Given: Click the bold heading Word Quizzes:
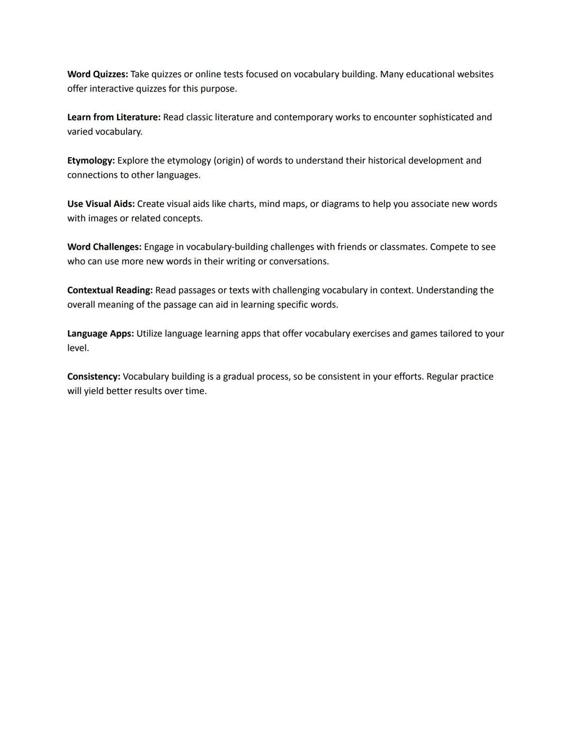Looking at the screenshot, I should pyautogui.click(x=97, y=75).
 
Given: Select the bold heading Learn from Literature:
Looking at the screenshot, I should pyautogui.click(x=114, y=117).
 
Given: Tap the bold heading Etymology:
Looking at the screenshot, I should pyautogui.click(x=91, y=161).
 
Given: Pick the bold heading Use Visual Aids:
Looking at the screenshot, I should pyautogui.click(x=101, y=204).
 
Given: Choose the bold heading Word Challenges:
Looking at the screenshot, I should pyautogui.click(x=104, y=247).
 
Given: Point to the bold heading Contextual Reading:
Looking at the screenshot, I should pyautogui.click(x=110, y=290).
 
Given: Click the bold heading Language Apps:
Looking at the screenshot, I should pyautogui.click(x=100, y=334).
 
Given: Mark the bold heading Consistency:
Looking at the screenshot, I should pyautogui.click(x=94, y=377).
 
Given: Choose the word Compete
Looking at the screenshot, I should pyautogui.click(x=450, y=247).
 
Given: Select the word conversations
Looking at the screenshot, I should pyautogui.click(x=299, y=261).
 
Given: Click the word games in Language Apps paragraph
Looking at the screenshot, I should pyautogui.click(x=423, y=334).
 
